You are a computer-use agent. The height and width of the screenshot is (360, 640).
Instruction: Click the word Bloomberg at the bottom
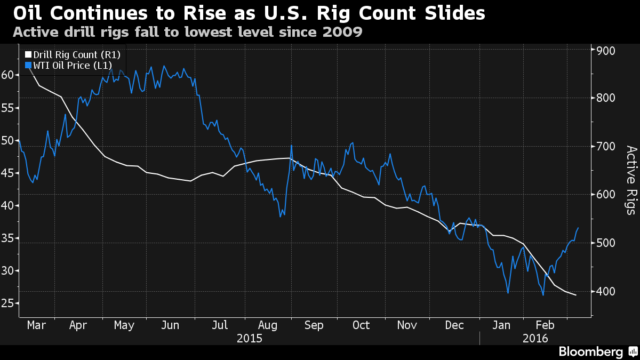coord(590,351)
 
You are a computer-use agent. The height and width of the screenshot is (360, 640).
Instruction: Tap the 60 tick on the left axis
coord(7,75)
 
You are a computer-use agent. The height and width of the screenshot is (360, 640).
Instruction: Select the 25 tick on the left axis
coord(7,303)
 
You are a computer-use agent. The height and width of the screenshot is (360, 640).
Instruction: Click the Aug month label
coord(267,325)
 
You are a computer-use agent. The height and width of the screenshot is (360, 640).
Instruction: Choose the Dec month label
coord(455,325)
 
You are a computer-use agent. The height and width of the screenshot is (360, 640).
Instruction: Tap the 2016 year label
coord(535,338)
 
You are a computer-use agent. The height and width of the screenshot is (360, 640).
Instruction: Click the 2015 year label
coord(250,338)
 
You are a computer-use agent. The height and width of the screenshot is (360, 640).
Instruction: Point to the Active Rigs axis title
coord(631,180)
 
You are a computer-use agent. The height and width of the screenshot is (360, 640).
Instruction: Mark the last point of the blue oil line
coord(579,228)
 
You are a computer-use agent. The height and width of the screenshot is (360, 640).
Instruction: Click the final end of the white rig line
coord(576,295)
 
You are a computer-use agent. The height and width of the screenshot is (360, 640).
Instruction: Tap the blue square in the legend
coord(28,66)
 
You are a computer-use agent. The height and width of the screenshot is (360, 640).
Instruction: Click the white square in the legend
coord(28,54)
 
